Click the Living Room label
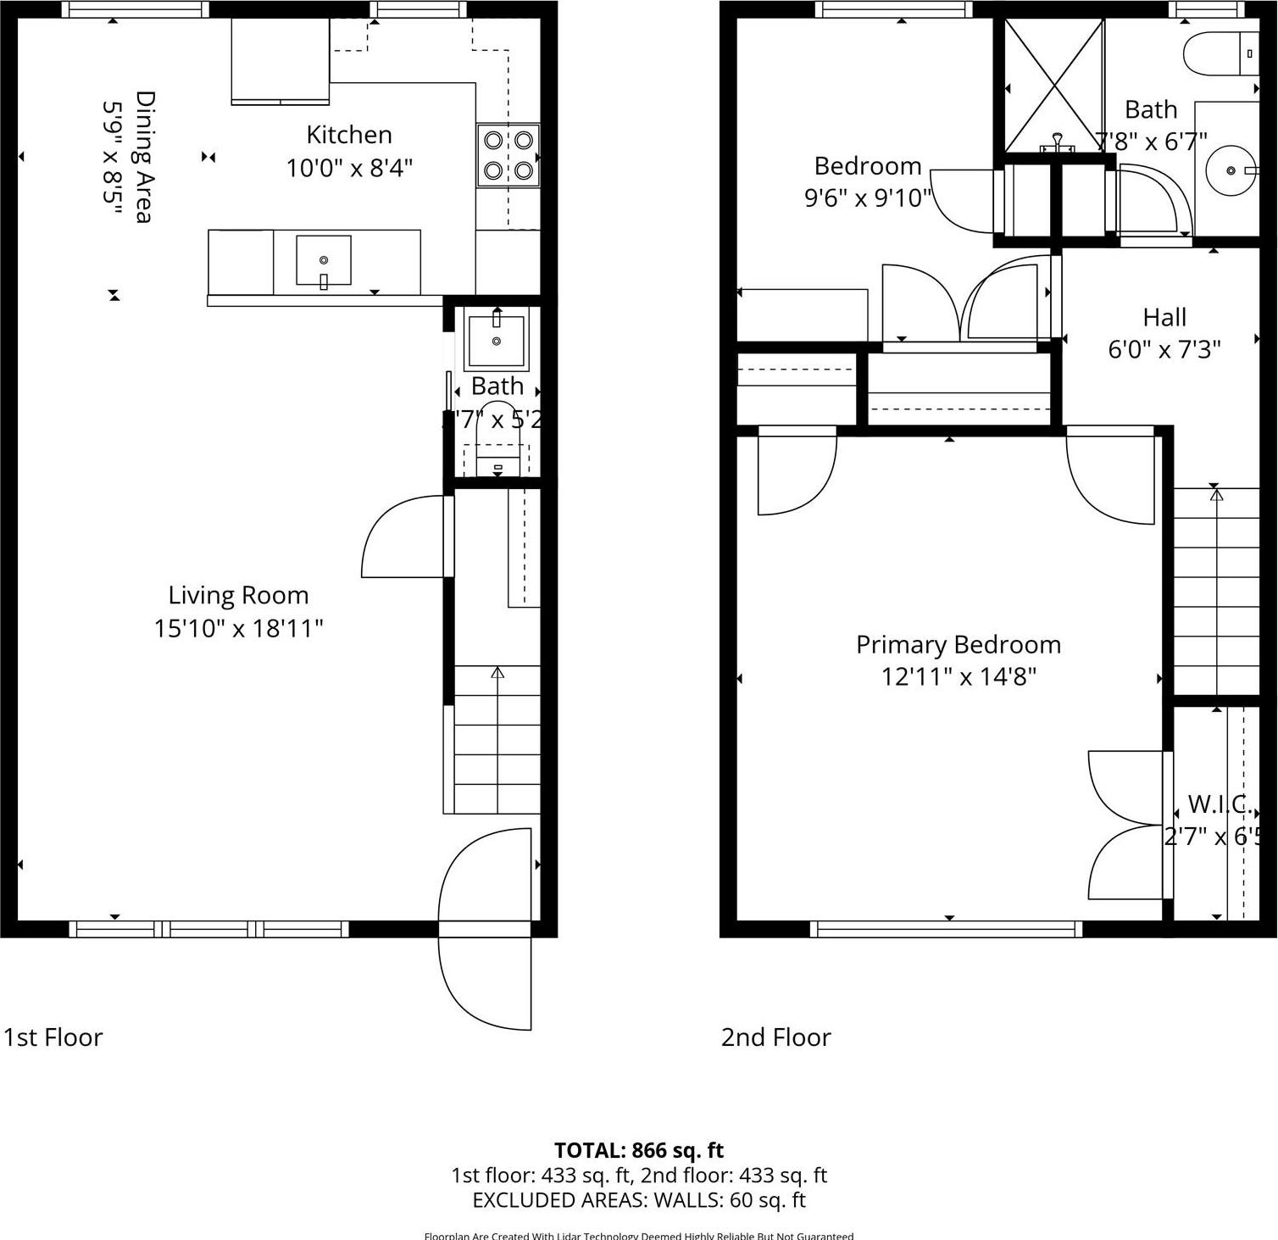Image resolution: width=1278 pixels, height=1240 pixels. (238, 595)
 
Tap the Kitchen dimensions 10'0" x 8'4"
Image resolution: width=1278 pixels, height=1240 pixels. (348, 168)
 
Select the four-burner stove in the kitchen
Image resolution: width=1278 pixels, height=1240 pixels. (508, 155)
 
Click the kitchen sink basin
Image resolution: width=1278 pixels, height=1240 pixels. (323, 260)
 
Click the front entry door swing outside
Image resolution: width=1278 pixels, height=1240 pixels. (486, 983)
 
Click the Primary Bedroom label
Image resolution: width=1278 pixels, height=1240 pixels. (958, 644)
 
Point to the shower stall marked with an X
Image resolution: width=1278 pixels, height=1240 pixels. (1053, 85)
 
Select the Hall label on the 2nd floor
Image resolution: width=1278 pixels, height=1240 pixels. (1164, 317)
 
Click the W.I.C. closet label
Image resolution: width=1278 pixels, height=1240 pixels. (1219, 803)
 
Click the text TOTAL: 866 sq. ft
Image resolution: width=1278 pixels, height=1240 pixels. (638, 1150)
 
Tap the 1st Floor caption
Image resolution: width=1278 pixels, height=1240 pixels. (53, 1037)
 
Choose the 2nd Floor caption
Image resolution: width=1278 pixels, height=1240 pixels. (775, 1037)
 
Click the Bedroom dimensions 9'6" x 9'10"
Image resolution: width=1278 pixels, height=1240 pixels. (867, 197)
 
